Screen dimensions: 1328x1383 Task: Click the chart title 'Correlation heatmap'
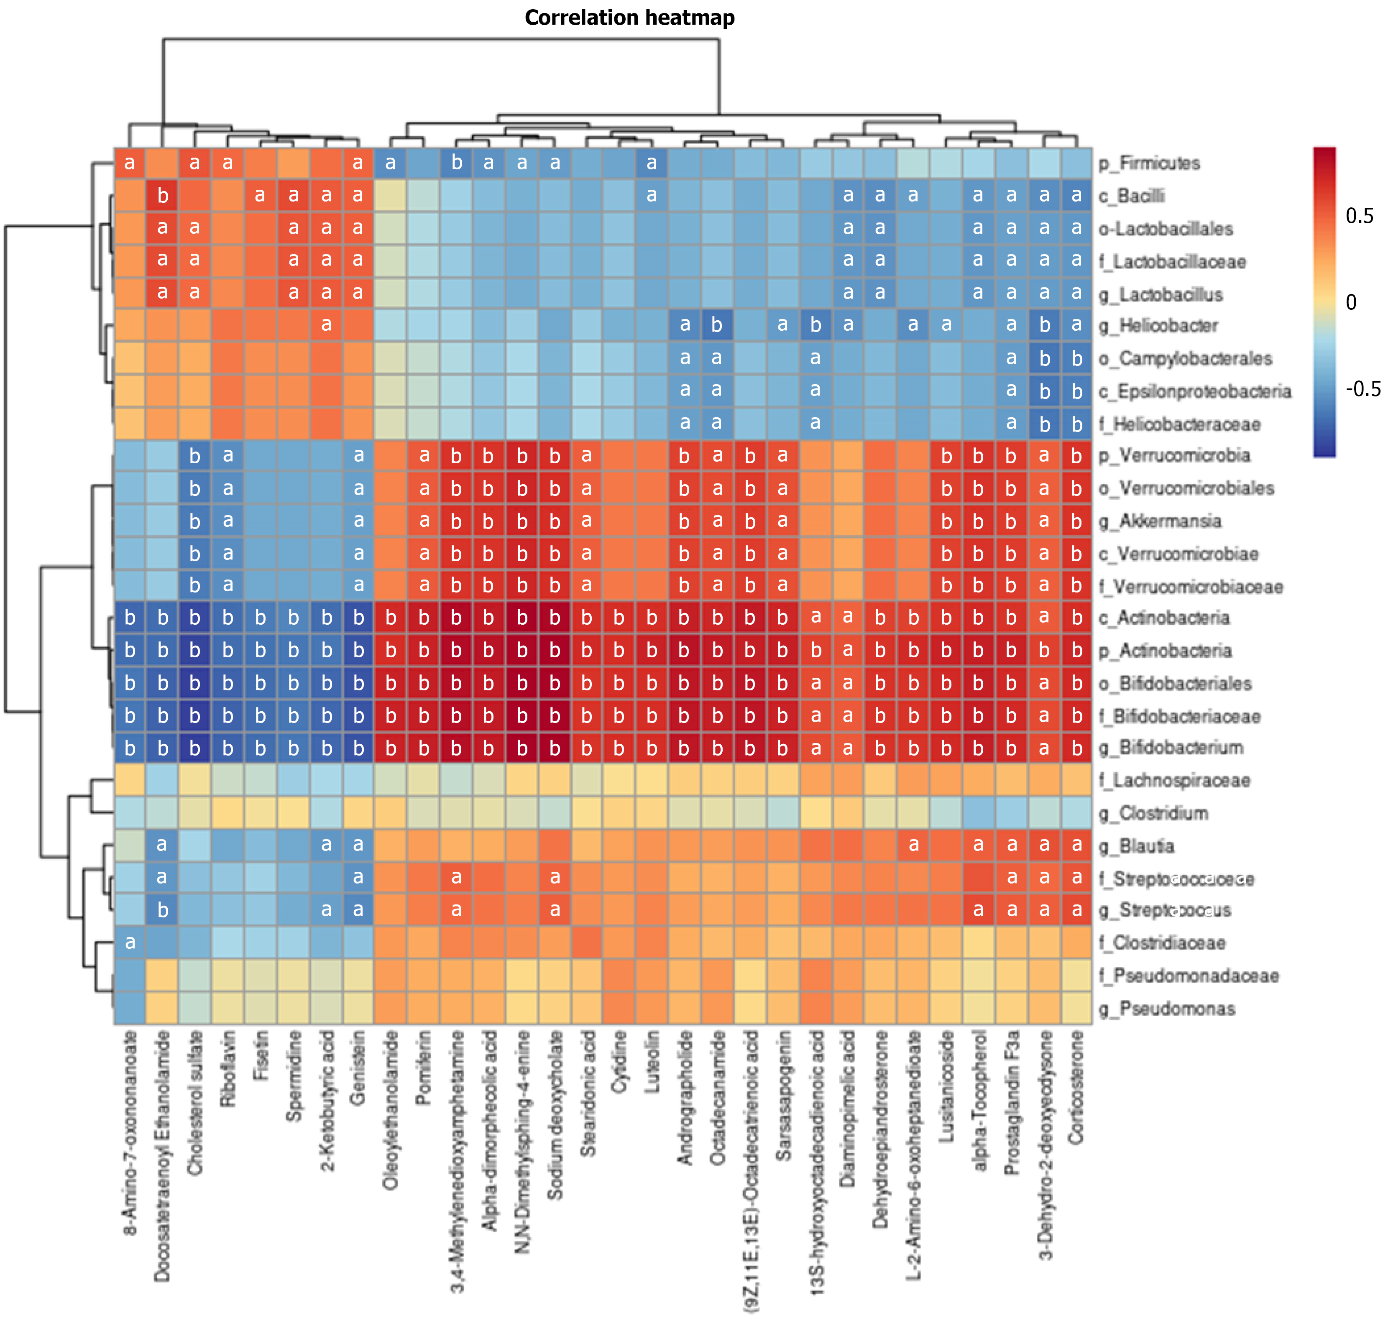pos(629,18)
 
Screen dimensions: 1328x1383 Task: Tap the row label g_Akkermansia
pos(1170,521)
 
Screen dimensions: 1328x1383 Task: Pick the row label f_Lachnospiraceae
pos(1174,780)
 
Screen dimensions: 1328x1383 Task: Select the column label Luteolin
pos(652,1062)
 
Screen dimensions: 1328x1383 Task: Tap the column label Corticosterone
pos(1076,1087)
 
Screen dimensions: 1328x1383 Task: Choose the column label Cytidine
pos(619,1062)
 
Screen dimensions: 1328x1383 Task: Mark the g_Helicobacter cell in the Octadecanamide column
pos(717,325)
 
